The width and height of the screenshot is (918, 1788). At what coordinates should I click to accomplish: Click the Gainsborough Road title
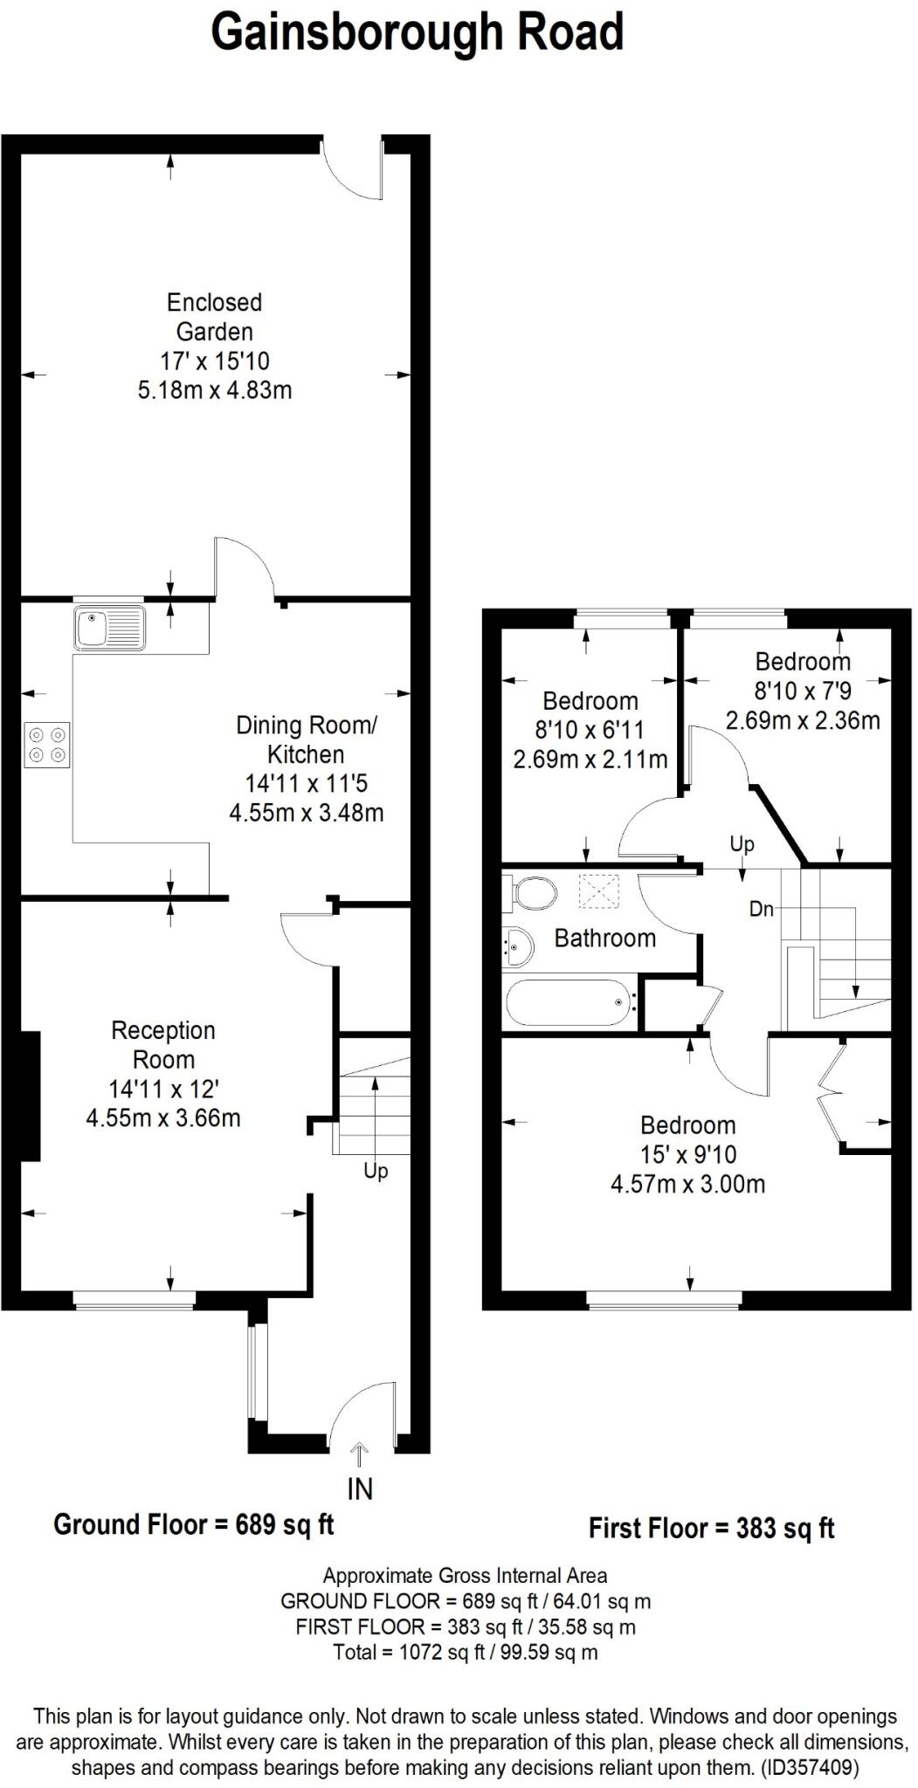(x=418, y=33)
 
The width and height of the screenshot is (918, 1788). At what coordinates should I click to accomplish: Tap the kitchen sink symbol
(x=110, y=628)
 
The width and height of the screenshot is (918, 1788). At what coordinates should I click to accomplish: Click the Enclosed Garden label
(x=215, y=317)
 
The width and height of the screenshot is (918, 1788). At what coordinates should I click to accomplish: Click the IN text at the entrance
(x=360, y=1489)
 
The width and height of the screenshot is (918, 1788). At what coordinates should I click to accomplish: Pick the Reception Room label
(x=163, y=1045)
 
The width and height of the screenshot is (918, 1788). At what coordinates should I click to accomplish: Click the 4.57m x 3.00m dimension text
(x=687, y=1185)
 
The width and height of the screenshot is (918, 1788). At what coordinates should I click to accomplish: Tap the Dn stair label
(x=762, y=909)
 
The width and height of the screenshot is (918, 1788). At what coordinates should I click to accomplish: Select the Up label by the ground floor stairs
(x=376, y=1171)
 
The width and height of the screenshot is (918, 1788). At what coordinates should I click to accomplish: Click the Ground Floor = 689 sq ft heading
(x=194, y=1524)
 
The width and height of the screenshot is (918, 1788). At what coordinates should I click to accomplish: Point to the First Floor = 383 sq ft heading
(x=712, y=1528)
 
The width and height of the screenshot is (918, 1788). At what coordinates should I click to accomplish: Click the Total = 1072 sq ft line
(x=465, y=1652)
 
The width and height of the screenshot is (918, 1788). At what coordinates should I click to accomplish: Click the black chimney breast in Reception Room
(x=30, y=1096)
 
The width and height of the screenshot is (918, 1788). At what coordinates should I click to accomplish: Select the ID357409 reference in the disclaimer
(x=810, y=1768)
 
